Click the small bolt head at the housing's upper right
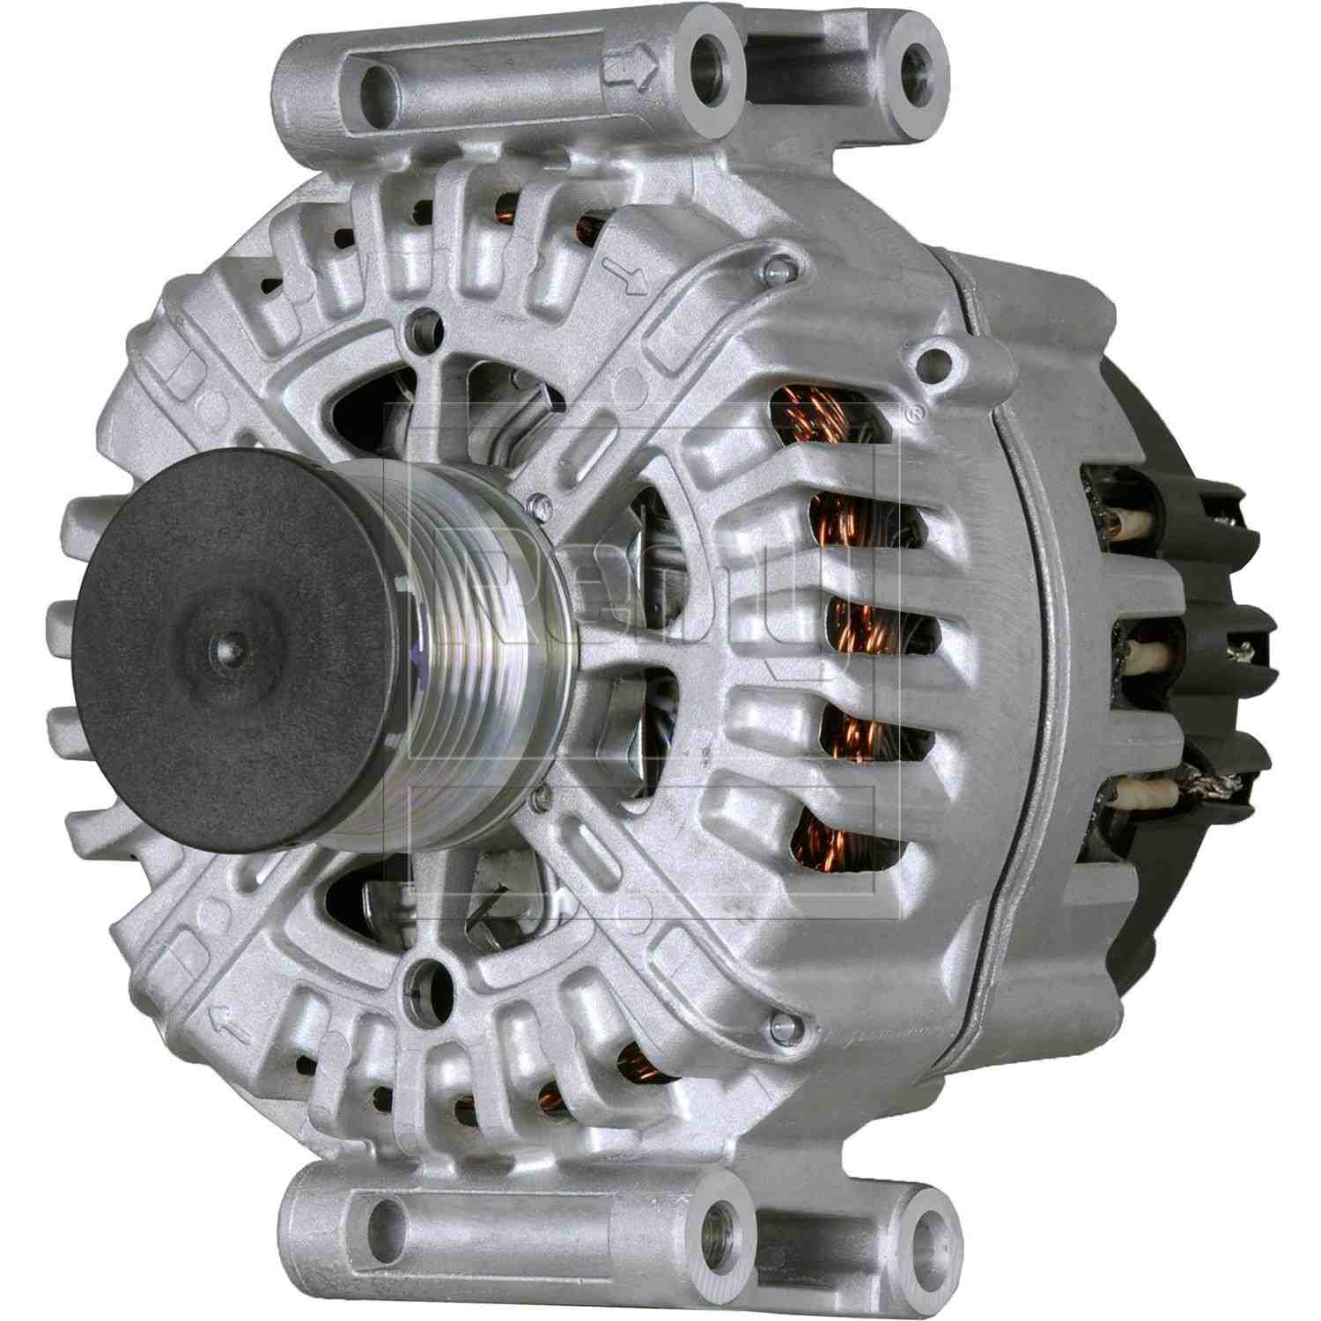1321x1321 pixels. tap(773, 267)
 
